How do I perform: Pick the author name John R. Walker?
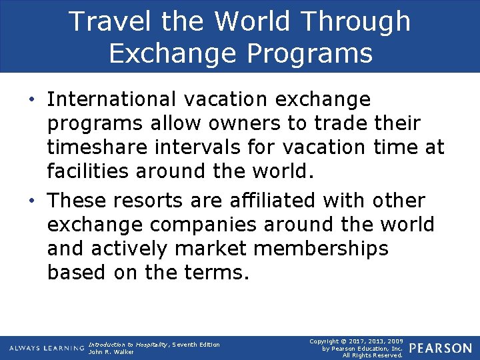point(111,352)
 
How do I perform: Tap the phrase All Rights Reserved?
point(373,355)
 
